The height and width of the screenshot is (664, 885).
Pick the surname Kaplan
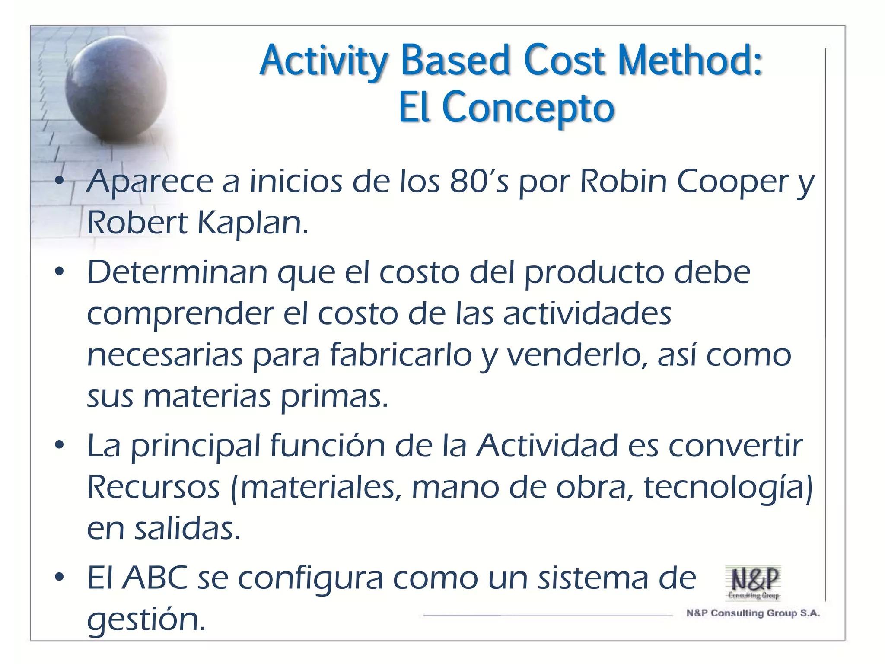[x=252, y=223]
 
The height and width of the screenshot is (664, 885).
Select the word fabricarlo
[x=401, y=355]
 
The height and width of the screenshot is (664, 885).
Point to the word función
[x=327, y=446]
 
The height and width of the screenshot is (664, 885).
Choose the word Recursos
[x=153, y=487]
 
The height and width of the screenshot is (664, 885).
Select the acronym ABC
[x=155, y=578]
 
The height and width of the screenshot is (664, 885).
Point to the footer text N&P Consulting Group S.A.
[x=753, y=613]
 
